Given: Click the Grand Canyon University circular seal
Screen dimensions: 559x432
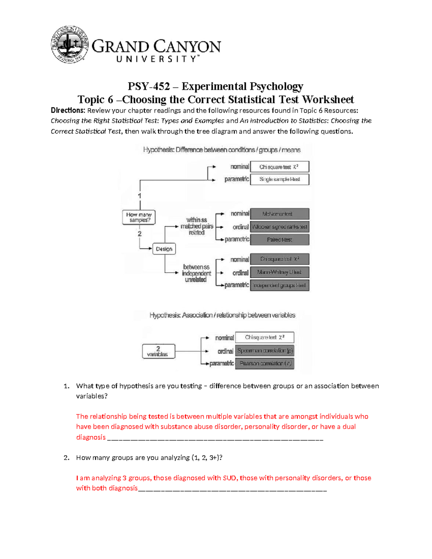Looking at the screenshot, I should click(x=69, y=45).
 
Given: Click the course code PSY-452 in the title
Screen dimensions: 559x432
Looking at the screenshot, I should click(x=149, y=86).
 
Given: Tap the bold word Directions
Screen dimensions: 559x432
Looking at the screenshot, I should click(x=68, y=111).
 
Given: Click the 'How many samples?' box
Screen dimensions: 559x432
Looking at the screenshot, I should click(x=139, y=217).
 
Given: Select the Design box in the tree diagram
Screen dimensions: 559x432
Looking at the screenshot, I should click(x=164, y=249).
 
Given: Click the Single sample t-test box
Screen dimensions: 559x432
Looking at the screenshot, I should click(x=279, y=179).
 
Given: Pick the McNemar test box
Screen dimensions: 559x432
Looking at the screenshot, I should click(x=279, y=214).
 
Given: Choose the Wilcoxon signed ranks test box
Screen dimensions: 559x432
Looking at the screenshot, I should click(x=279, y=227).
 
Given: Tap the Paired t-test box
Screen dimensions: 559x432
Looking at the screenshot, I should click(x=279, y=240).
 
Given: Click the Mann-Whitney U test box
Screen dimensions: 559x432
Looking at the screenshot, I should click(x=279, y=272).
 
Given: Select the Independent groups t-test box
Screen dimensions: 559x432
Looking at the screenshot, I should click(x=279, y=285).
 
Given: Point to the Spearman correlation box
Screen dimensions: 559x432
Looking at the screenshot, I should click(x=265, y=351).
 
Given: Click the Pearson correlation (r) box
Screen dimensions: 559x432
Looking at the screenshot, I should click(x=265, y=364).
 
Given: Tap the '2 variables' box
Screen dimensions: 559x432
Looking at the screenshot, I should click(x=158, y=351).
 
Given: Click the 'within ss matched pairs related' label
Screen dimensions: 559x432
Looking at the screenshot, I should click(x=197, y=226).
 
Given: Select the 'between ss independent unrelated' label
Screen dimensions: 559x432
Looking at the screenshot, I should click(x=196, y=273).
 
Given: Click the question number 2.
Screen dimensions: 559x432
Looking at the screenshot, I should click(x=66, y=458).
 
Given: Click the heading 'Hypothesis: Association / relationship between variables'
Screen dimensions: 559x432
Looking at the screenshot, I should click(x=222, y=315).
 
